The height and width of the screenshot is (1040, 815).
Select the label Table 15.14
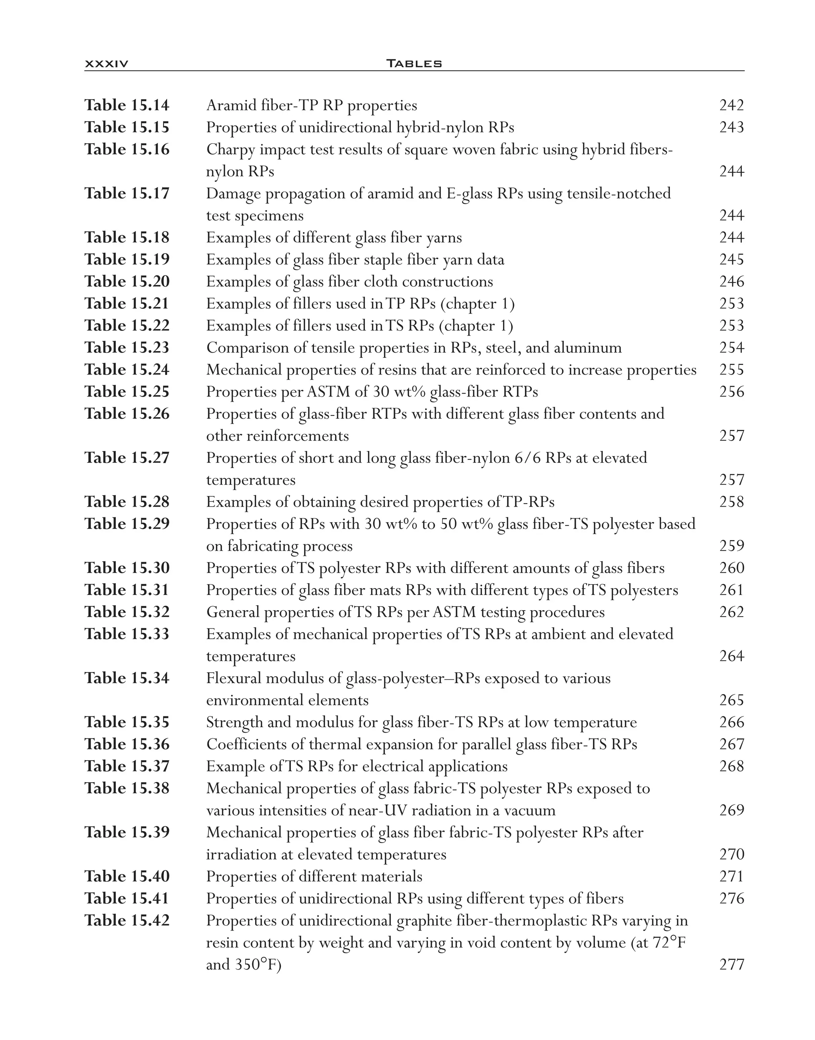tap(127, 105)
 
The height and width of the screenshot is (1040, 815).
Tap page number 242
tap(731, 105)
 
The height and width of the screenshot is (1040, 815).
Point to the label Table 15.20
tap(127, 282)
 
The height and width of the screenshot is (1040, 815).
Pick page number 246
tap(731, 282)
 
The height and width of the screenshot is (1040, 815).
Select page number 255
tap(731, 370)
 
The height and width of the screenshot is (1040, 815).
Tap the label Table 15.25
tap(127, 392)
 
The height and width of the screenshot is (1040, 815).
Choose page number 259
tap(731, 546)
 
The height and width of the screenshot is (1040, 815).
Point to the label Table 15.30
tap(127, 568)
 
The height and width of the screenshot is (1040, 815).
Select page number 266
tap(731, 722)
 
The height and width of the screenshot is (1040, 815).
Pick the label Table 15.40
tap(127, 876)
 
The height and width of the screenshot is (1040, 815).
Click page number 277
tap(731, 965)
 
